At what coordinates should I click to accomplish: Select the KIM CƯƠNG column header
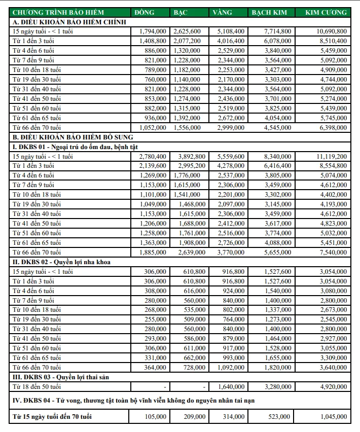click(x=327, y=12)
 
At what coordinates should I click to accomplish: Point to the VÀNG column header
click(x=223, y=12)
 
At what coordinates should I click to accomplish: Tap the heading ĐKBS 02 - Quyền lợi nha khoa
click(x=62, y=262)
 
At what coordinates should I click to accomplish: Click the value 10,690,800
click(x=330, y=31)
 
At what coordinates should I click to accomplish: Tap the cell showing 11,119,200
click(x=330, y=156)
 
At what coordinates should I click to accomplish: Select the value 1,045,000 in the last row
click(x=332, y=417)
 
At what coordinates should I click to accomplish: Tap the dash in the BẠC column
click(x=204, y=387)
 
